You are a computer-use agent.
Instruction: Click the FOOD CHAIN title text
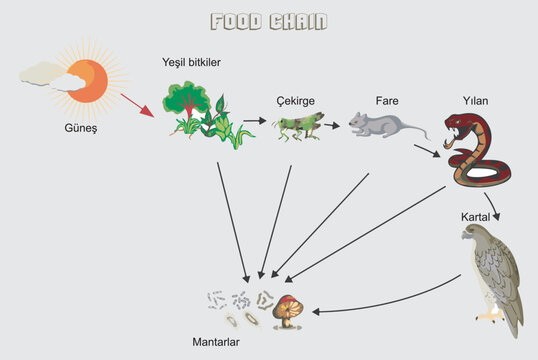pyautogui.click(x=268, y=22)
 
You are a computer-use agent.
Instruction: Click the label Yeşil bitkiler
pyautogui.click(x=191, y=63)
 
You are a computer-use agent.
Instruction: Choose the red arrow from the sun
pyautogui.click(x=137, y=104)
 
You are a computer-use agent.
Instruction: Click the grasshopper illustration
pyautogui.click(x=298, y=125)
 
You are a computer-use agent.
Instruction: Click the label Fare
pyautogui.click(x=387, y=101)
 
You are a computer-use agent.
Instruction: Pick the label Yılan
pyautogui.click(x=475, y=101)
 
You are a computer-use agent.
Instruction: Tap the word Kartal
pyautogui.click(x=475, y=216)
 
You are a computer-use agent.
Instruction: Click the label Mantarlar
pyautogui.click(x=217, y=342)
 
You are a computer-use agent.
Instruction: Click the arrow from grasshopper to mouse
pyautogui.click(x=332, y=125)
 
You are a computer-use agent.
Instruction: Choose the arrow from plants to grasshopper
pyautogui.click(x=255, y=121)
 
